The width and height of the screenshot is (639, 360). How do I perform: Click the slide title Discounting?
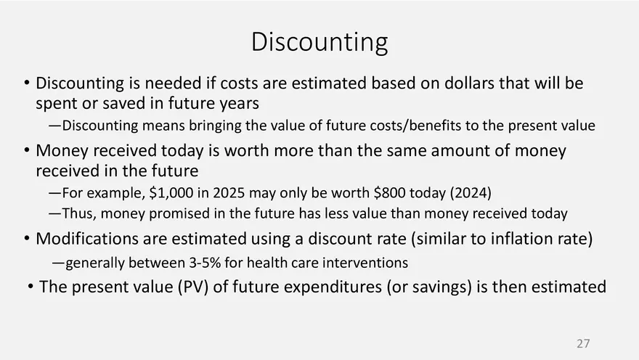tap(319, 42)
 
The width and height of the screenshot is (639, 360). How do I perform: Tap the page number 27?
tap(583, 343)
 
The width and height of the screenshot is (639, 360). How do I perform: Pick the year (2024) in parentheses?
tap(471, 192)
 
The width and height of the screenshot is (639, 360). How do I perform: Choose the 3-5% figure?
tap(205, 263)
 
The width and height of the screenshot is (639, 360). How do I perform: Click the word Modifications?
tap(87, 239)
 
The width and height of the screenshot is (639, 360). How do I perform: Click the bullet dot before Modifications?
tap(27, 238)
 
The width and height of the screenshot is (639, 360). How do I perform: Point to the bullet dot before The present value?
tap(30, 287)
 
